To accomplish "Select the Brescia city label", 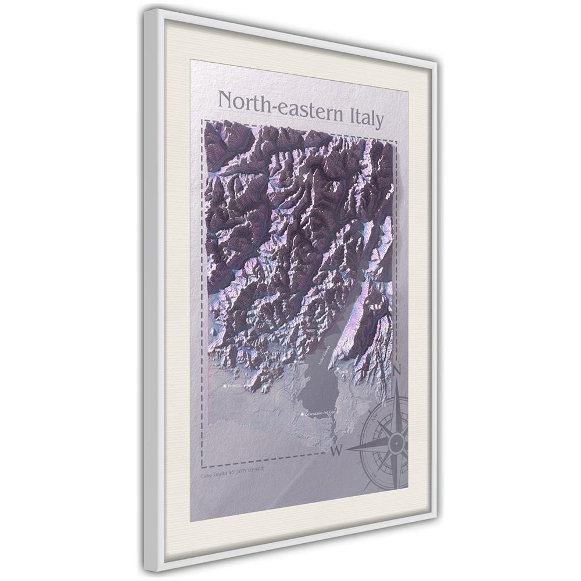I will coord(234,385).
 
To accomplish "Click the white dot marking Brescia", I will coord(225,385).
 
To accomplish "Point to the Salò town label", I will coord(301,361).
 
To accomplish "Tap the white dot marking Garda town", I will coord(338,370).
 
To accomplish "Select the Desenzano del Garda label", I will coord(321,413).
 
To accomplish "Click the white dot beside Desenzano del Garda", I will coord(303,414).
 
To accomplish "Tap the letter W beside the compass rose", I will coord(335,451).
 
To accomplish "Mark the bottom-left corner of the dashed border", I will coord(202,467).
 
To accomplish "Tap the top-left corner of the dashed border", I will coord(202,120).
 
